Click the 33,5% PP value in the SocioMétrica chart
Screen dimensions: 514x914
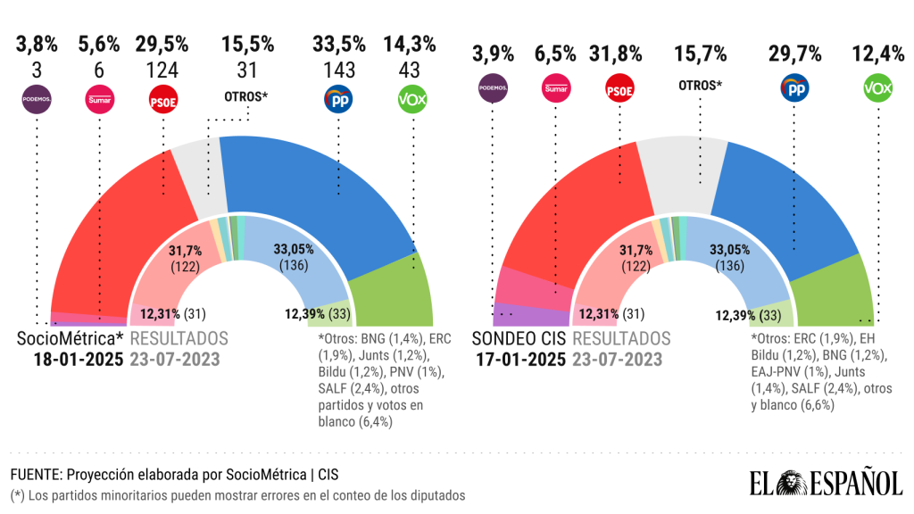(339, 45)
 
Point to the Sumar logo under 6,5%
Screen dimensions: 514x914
(556, 88)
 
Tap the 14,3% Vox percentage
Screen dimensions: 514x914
(410, 45)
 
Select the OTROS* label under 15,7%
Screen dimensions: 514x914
(700, 86)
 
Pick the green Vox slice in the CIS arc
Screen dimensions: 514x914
(830, 290)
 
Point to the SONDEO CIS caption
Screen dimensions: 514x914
(518, 339)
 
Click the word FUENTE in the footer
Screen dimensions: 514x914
(33, 473)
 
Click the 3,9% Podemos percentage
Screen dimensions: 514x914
(494, 54)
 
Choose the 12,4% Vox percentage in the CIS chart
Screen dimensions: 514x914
(877, 54)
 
